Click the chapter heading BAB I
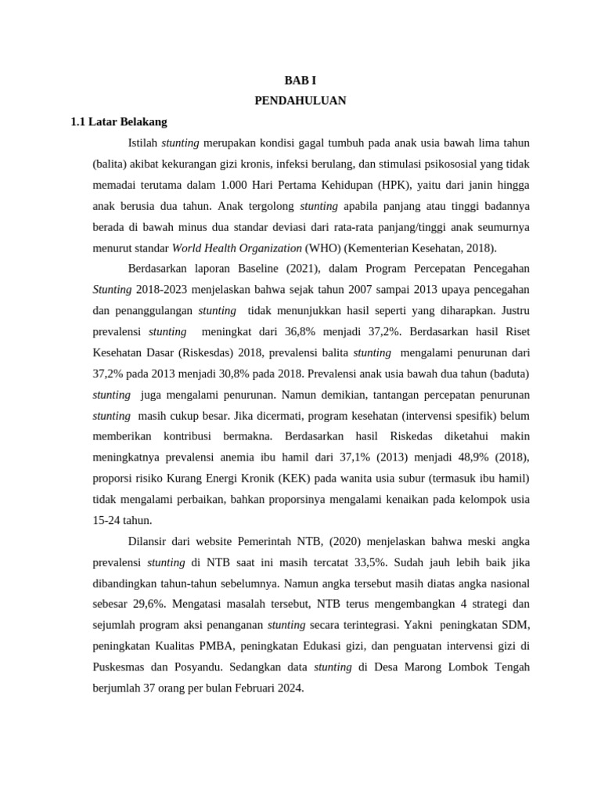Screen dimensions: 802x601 [300, 80]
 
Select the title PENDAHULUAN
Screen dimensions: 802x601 [300, 101]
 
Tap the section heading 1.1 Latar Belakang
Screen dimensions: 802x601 [118, 122]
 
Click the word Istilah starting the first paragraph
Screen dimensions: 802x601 [142, 143]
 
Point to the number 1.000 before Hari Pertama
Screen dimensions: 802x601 [239, 186]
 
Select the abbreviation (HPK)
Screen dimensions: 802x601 [379, 186]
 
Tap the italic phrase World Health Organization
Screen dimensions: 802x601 [236, 248]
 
